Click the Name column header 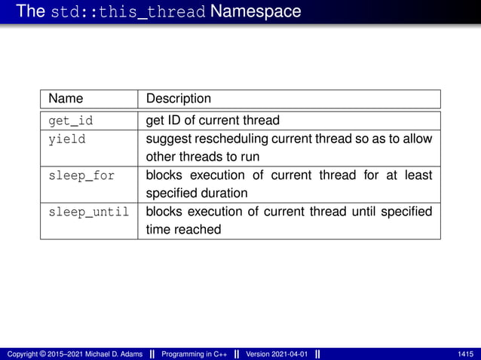[66, 99]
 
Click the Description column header [178, 99]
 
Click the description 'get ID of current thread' [212, 121]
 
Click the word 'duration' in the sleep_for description [224, 194]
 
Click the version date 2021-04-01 [289, 354]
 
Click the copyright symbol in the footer [41, 354]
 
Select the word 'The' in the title [30, 12]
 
